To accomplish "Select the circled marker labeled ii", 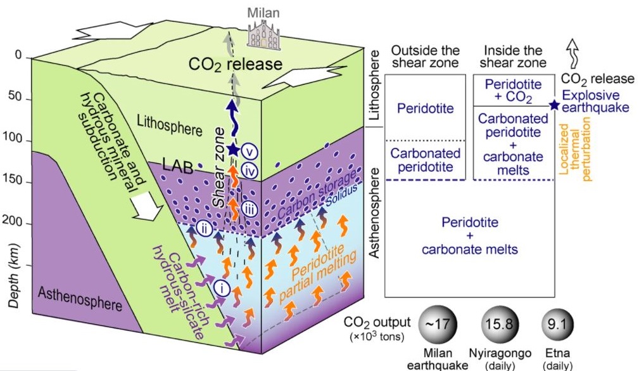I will tap(203, 228).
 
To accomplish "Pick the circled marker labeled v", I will tap(253, 152).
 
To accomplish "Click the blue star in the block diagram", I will tap(233, 150).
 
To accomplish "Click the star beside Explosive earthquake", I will tap(555, 105).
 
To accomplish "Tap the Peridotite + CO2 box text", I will tap(512, 90).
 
